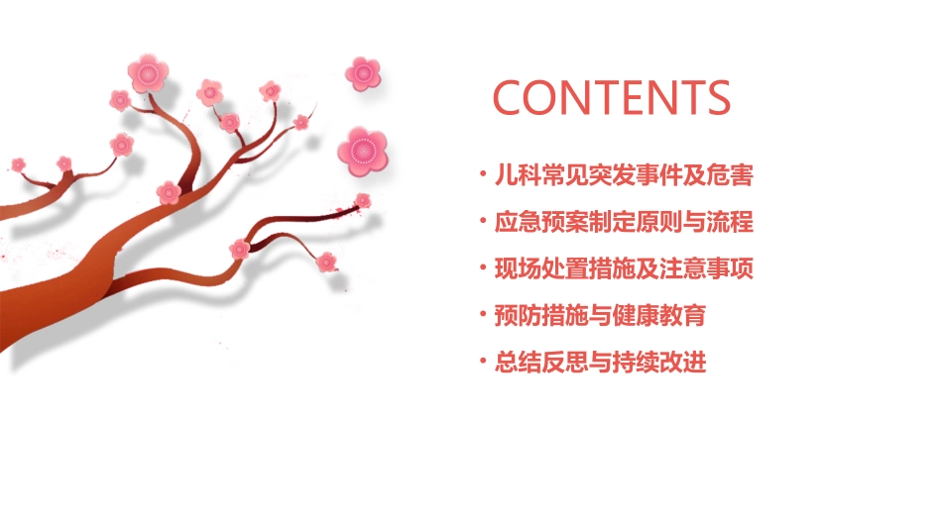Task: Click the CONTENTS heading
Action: (612, 97)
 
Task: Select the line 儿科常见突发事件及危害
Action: (624, 176)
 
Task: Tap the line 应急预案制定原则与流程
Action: (624, 222)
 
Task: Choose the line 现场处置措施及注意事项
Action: (624, 268)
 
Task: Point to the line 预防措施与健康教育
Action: (600, 316)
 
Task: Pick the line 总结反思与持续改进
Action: (600, 363)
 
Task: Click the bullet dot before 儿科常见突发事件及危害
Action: (483, 176)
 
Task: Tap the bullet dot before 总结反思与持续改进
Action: (483, 363)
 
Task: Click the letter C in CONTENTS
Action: (512, 97)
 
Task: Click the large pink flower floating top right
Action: (363, 72)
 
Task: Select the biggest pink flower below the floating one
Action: (362, 151)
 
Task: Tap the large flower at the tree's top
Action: (148, 73)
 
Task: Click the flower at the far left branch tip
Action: (18, 163)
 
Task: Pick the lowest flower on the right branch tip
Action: (326, 262)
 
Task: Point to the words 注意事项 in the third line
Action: (706, 268)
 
